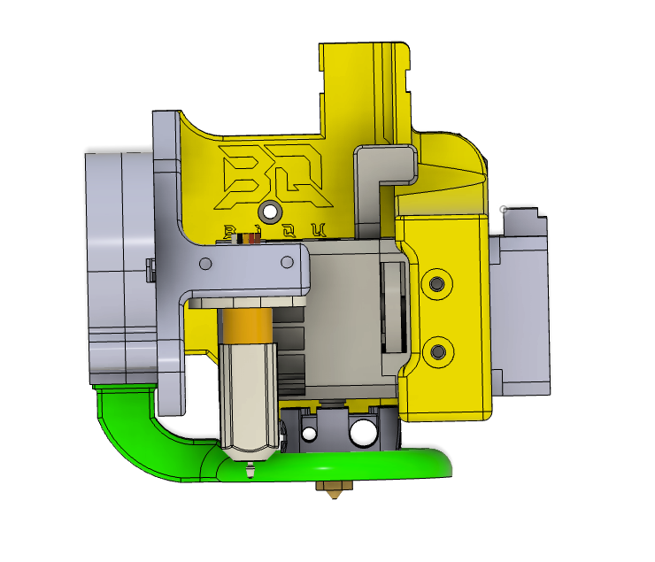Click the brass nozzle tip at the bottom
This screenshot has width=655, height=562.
(334, 492)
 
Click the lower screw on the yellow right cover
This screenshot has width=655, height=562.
(435, 351)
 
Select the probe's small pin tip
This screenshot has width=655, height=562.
(249, 471)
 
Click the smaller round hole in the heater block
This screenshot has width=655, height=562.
(310, 434)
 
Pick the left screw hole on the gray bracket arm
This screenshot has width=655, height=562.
(205, 264)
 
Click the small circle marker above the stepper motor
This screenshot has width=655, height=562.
(504, 210)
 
